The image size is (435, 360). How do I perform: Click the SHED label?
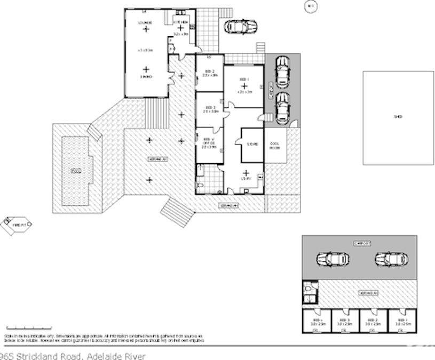(397, 116)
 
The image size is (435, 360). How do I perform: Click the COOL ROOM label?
(275, 145)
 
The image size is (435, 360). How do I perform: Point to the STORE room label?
(252, 143)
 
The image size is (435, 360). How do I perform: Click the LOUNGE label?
(145, 22)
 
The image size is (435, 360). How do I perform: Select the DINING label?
(146, 77)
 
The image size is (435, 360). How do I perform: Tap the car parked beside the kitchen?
(240, 27)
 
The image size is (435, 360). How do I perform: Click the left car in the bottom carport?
(333, 259)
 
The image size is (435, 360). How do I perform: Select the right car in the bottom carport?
(391, 259)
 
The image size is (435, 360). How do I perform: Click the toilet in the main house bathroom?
(200, 185)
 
